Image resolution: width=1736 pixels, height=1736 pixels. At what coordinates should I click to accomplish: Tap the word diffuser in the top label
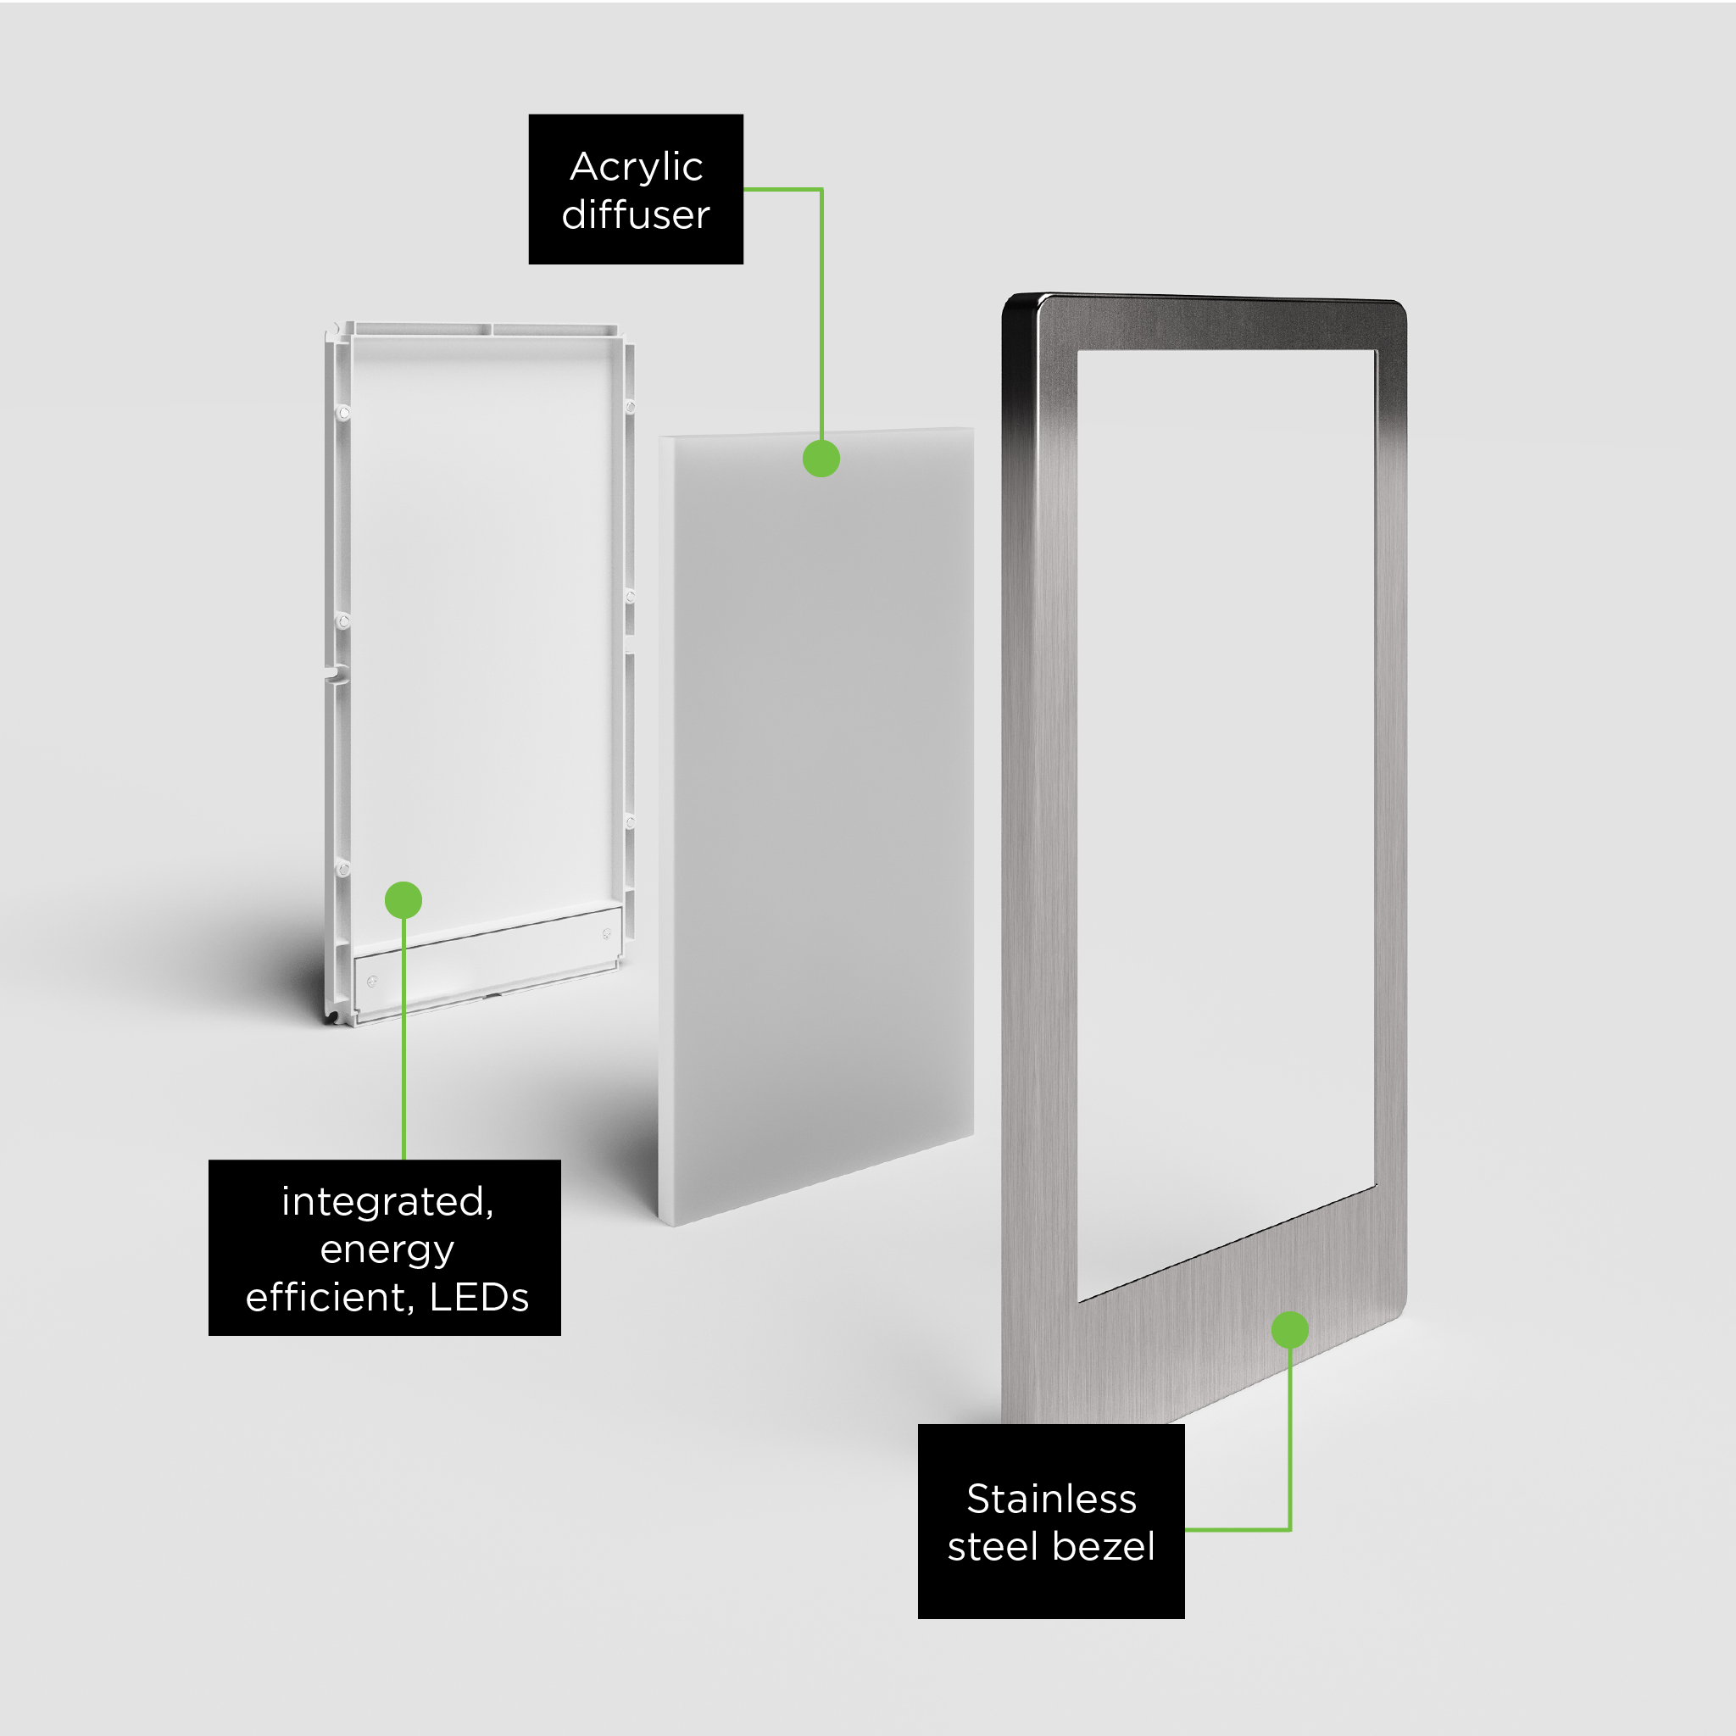click(637, 214)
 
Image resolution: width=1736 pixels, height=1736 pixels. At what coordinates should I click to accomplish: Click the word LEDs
click(479, 1298)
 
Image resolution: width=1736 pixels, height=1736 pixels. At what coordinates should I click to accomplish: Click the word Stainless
click(1051, 1499)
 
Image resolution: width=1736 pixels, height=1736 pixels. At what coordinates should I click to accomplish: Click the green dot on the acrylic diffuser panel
click(821, 459)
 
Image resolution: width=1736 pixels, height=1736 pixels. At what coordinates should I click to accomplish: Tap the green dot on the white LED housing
click(403, 899)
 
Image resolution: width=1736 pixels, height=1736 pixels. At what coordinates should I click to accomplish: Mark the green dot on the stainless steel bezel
click(1289, 1330)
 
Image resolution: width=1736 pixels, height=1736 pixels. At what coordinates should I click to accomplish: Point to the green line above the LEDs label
click(403, 1038)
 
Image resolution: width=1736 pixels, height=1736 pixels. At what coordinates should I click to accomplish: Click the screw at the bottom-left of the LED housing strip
click(372, 981)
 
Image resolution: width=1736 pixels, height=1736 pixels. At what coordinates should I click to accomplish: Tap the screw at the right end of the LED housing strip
click(607, 933)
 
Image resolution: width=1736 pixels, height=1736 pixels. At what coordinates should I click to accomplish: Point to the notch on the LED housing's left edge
click(335, 672)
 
